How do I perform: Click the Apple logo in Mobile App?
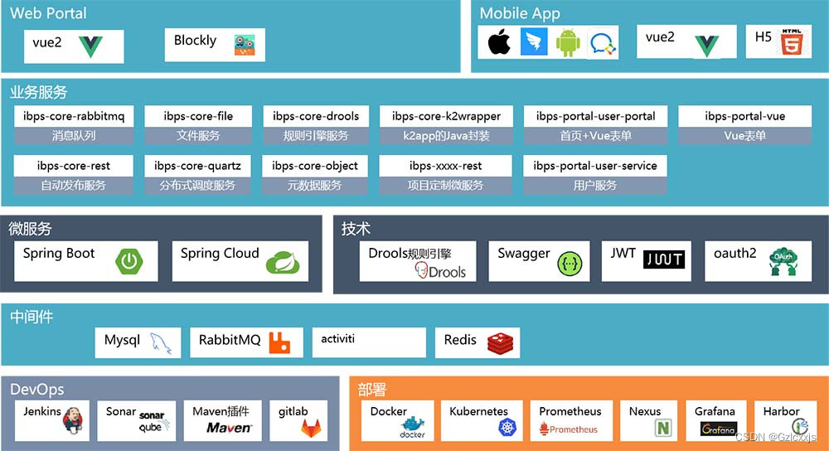tap(499, 43)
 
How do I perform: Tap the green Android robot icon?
tap(568, 43)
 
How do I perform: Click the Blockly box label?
tap(195, 40)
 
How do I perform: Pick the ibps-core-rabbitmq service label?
tap(74, 116)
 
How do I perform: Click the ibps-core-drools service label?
tap(311, 116)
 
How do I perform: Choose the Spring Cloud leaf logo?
tap(282, 264)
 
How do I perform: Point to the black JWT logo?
tap(665, 259)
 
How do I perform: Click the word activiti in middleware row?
tap(338, 338)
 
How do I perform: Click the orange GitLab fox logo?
tap(310, 428)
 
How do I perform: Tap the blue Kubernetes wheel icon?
tap(507, 428)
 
